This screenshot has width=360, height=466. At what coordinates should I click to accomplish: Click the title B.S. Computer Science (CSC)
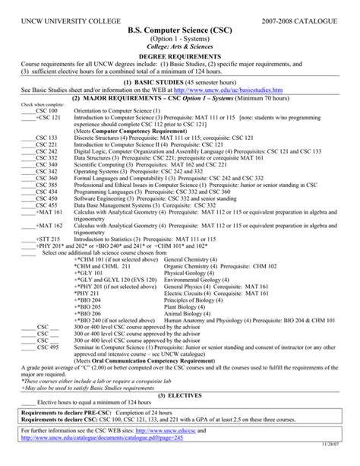(x=180, y=27)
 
